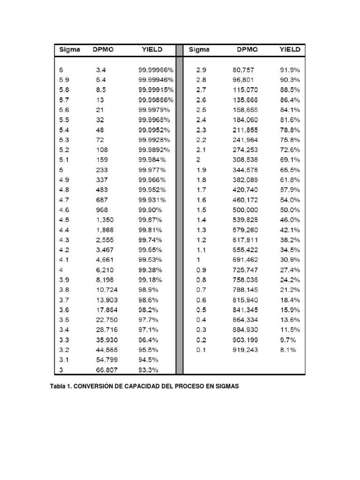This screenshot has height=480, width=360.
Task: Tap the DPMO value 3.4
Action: point(101,70)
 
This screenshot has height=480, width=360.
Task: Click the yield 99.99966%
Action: point(156,70)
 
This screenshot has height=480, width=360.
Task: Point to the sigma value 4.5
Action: point(64,219)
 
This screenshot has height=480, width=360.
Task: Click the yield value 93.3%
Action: point(148,370)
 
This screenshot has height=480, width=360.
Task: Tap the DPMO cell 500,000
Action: point(245,210)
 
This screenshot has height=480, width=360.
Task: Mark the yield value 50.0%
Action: point(290,210)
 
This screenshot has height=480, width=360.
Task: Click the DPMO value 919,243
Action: point(245,350)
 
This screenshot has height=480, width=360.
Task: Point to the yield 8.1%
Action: point(288,350)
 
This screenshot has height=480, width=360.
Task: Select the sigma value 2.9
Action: point(201,70)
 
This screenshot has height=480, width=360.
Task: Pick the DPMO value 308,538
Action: point(245,159)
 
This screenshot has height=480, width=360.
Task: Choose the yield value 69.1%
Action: point(290,159)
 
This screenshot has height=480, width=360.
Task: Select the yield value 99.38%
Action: point(150,270)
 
